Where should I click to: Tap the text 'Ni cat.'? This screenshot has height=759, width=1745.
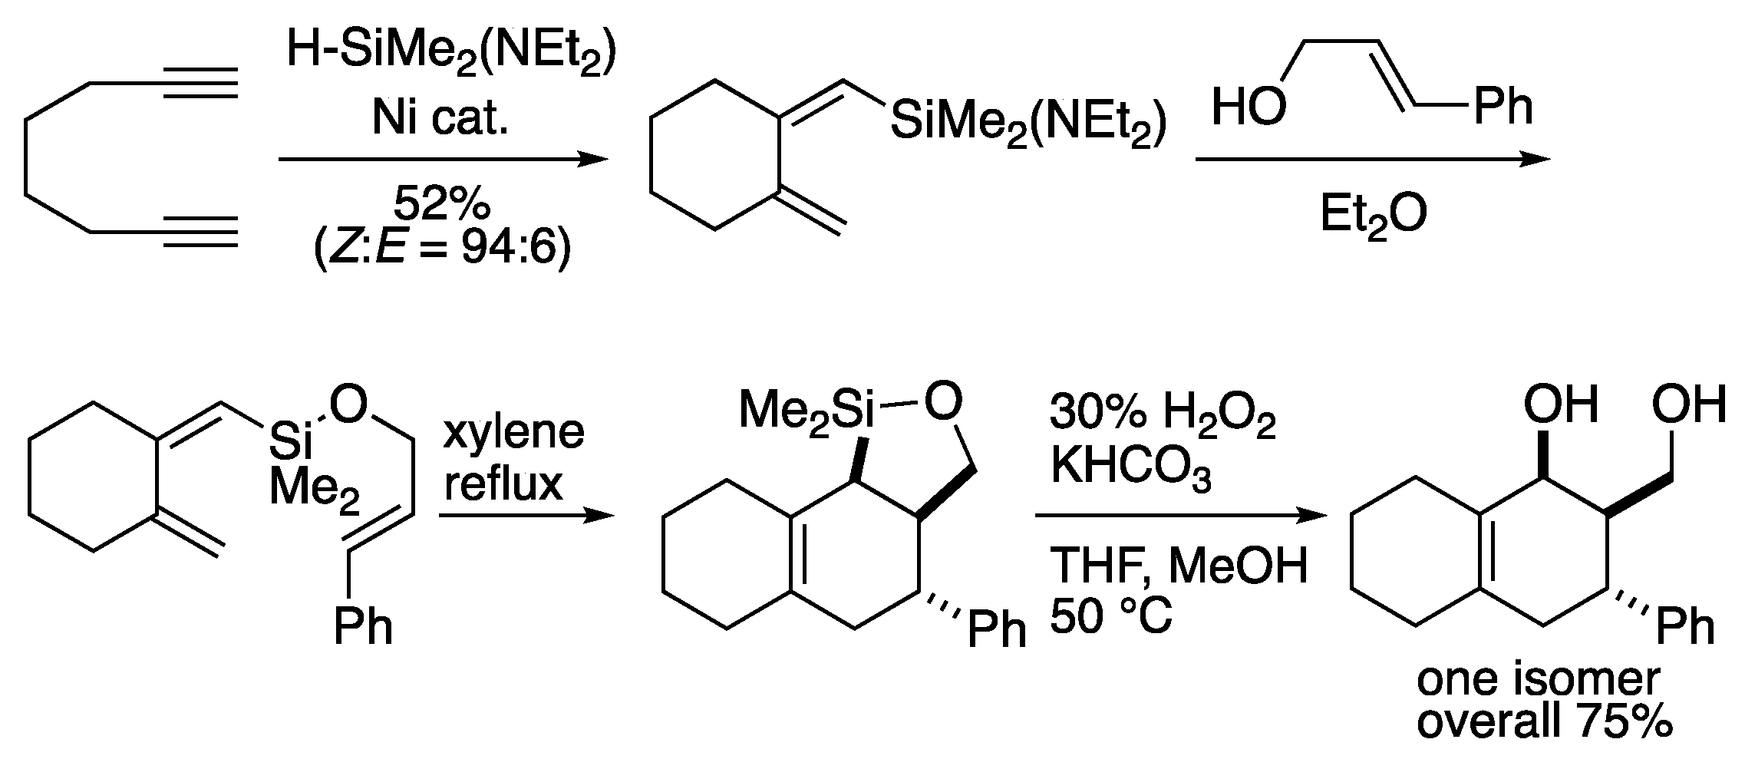click(440, 119)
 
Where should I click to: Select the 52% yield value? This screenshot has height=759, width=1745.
click(441, 206)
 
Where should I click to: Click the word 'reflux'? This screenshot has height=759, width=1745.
click(503, 484)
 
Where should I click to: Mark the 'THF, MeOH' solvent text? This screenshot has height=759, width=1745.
click(1178, 568)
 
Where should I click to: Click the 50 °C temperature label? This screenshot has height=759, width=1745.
click(1110, 616)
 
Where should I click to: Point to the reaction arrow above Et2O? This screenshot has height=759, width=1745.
click(1373, 160)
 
